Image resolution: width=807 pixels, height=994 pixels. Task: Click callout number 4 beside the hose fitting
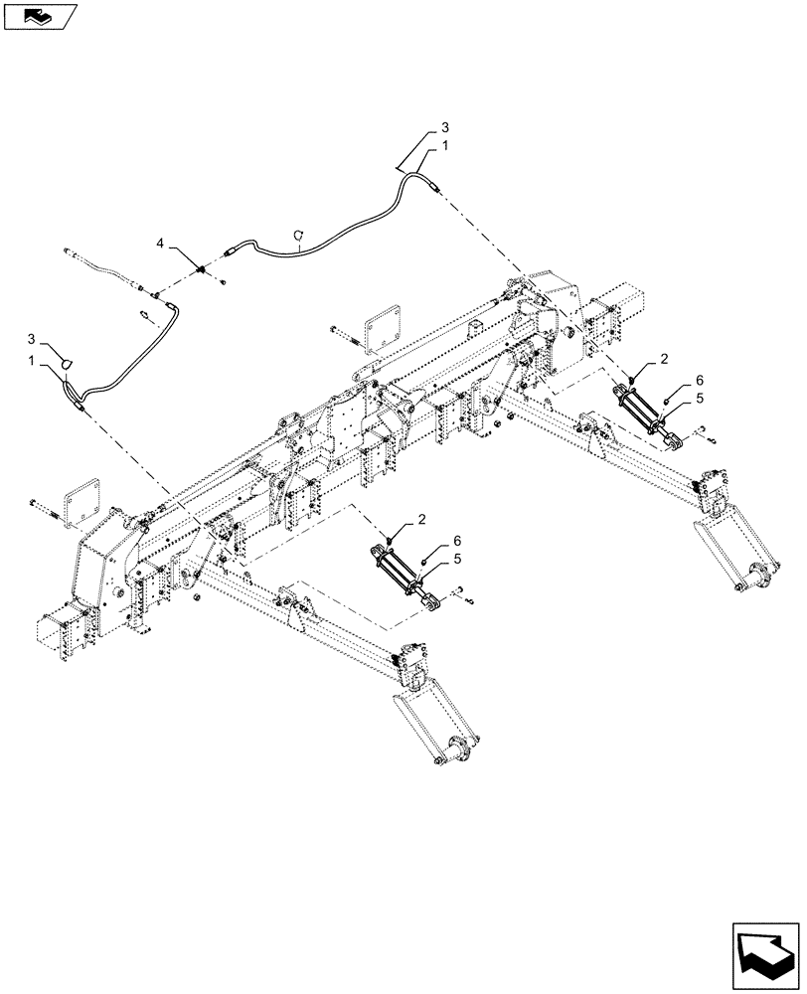tap(159, 242)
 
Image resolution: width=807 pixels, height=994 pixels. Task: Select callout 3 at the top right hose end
tap(445, 128)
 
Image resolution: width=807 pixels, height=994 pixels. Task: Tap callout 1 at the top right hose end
tap(445, 145)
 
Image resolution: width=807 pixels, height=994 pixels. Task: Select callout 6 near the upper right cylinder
tap(699, 381)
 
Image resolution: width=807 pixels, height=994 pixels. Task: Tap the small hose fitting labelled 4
tap(203, 268)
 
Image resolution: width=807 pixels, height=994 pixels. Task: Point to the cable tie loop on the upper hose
tap(296, 236)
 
